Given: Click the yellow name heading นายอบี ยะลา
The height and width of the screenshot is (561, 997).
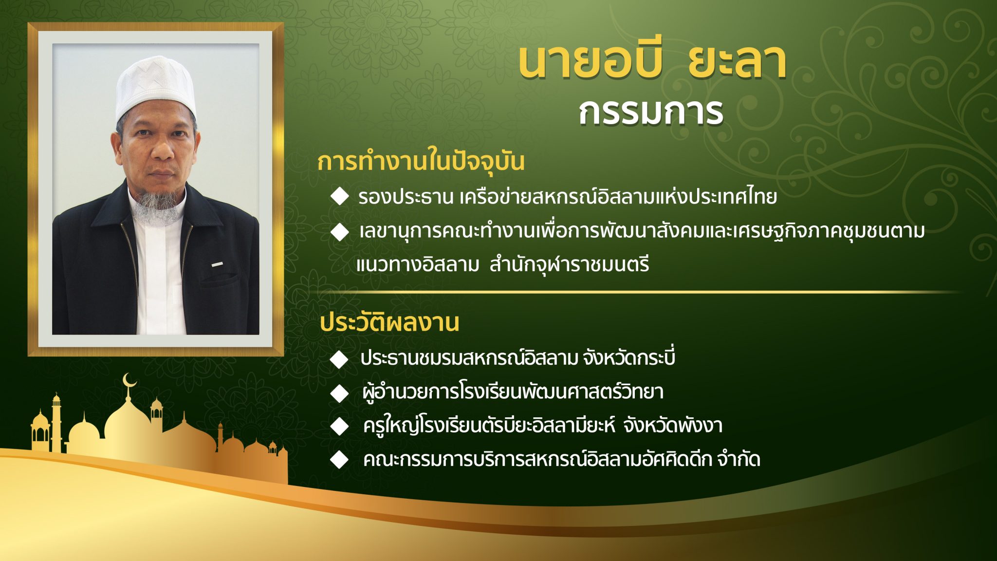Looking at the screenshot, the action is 652,62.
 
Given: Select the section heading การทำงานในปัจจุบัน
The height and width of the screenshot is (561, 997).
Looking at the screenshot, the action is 421,161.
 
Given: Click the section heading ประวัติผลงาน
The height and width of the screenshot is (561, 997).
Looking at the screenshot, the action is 389,322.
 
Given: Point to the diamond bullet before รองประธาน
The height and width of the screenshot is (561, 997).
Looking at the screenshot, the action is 339,196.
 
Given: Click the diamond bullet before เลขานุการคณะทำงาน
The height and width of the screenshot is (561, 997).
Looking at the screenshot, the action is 339,232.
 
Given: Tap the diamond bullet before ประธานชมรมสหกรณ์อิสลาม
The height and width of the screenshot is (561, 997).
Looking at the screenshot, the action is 339,359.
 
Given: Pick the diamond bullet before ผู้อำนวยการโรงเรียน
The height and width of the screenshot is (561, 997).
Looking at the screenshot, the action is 339,393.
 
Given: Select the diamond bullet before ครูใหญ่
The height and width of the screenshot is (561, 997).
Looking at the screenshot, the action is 339,426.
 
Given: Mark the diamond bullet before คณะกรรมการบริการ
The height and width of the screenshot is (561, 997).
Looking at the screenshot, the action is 339,459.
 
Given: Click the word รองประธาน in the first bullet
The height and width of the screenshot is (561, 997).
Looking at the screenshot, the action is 406,197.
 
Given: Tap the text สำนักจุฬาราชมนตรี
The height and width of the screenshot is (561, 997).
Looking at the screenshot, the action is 569,265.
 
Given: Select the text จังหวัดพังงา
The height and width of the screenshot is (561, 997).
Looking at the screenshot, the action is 673,426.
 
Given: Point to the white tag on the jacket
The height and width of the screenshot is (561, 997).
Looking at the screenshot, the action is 217,264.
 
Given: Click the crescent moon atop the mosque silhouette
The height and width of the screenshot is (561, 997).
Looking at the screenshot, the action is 129,380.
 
